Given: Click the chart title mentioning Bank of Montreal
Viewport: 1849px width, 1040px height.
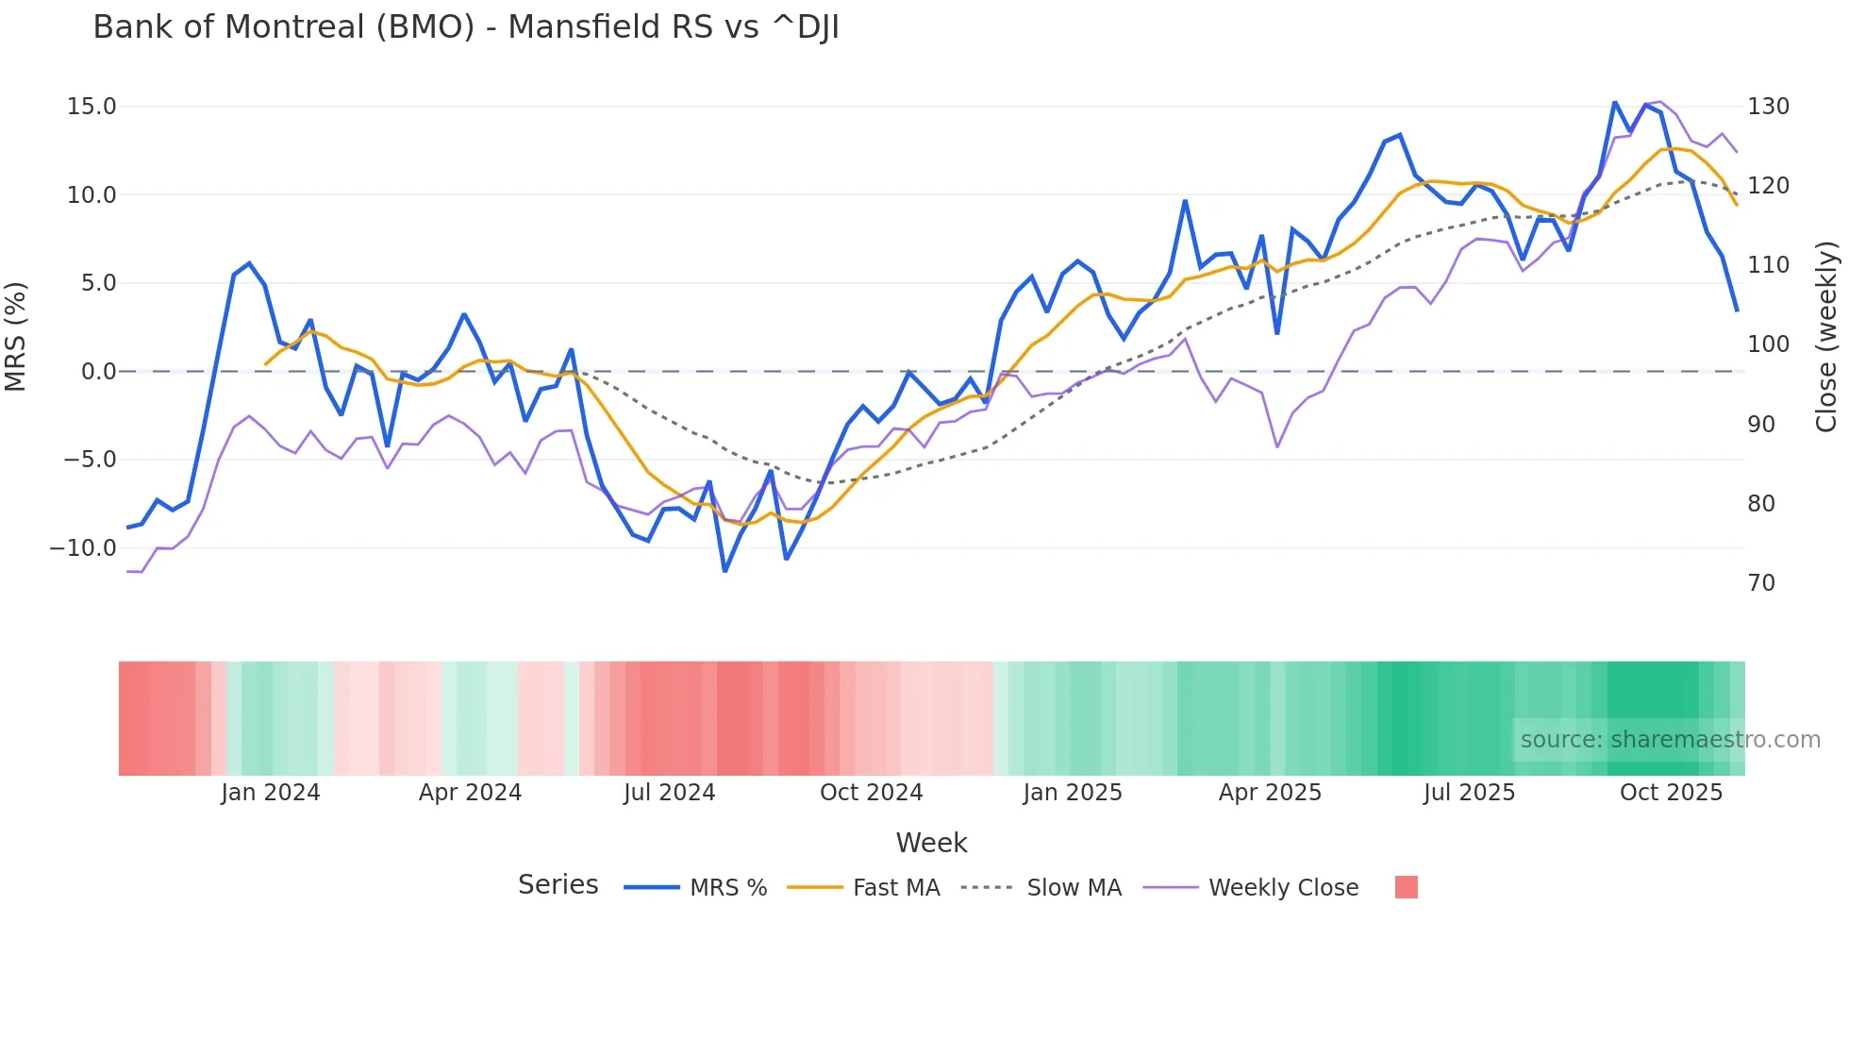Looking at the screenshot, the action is [466, 27].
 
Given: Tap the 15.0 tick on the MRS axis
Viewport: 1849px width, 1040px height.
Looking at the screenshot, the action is [92, 107].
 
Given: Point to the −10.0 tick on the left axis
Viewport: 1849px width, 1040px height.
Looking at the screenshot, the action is [83, 548].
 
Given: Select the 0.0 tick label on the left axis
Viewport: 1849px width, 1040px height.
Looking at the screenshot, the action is [98, 372].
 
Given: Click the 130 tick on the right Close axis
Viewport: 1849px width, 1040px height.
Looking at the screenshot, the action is [1768, 107].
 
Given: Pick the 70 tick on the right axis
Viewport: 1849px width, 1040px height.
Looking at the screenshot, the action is [1761, 583].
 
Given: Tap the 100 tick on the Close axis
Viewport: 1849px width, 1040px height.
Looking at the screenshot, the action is [1768, 344].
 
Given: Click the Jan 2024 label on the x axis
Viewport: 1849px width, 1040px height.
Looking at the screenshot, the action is [271, 793].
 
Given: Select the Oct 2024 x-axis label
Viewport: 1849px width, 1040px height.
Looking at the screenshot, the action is [871, 793].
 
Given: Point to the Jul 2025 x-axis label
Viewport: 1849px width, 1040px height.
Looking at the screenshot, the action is [1469, 793].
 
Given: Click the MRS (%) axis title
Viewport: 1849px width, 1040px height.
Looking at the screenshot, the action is [16, 336].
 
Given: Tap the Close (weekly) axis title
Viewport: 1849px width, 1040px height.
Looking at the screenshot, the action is [1827, 337].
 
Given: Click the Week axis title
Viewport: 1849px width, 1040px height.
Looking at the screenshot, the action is [931, 843].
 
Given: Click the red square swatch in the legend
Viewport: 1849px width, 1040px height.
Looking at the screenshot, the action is [1406, 887].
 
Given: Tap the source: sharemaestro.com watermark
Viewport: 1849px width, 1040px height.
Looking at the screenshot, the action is [1670, 740].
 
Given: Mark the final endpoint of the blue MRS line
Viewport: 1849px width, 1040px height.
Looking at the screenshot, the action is [1737, 310].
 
